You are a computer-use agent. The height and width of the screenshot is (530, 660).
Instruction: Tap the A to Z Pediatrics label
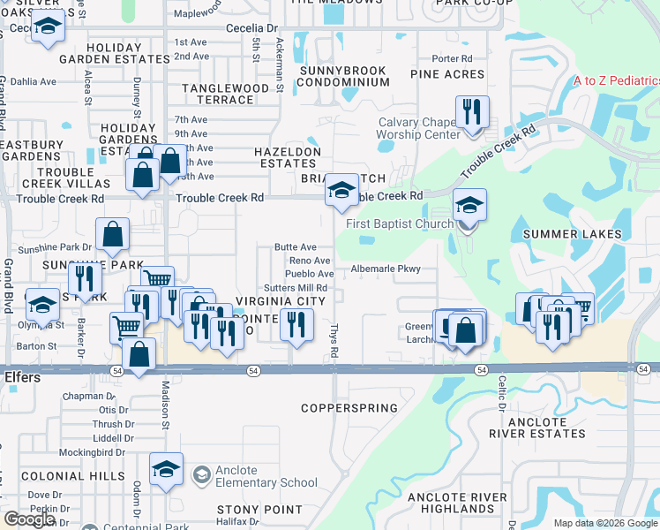[616, 80]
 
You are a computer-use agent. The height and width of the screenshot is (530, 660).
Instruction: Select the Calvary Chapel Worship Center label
[419, 129]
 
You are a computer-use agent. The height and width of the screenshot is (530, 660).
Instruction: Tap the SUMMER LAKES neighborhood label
[572, 234]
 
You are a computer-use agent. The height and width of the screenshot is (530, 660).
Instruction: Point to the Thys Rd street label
[334, 339]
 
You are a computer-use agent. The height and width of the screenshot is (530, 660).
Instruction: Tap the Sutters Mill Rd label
[296, 288]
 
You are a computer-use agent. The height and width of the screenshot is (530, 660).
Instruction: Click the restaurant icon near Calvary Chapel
[472, 112]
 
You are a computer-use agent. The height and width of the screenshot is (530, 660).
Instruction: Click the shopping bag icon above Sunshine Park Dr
[113, 234]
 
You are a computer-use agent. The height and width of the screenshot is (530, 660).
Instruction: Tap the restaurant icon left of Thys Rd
[296, 325]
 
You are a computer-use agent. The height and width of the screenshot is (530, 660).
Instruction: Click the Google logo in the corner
[29, 519]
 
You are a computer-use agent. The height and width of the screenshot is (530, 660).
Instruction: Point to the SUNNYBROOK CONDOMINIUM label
[343, 76]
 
